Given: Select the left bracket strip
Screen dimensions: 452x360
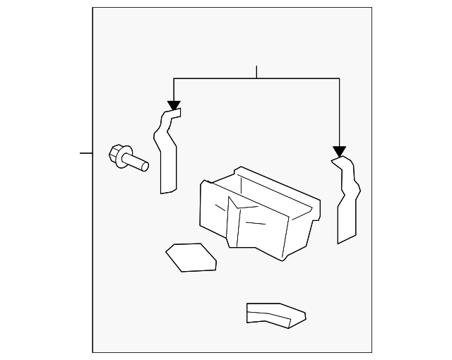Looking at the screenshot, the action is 167,152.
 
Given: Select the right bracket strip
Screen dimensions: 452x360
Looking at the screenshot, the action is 347,201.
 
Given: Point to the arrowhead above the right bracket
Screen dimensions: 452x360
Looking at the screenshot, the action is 339,151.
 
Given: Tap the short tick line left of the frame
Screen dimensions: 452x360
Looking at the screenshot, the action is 85,152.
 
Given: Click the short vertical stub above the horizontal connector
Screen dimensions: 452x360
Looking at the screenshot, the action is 257,71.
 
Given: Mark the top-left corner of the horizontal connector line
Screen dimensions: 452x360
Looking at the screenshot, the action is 174,78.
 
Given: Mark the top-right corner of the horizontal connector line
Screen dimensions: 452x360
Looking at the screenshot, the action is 339,78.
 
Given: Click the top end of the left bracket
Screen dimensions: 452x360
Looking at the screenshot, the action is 174,112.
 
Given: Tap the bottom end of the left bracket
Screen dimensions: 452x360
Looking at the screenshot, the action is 168,191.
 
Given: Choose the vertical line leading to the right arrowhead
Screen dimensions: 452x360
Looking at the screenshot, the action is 339,113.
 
